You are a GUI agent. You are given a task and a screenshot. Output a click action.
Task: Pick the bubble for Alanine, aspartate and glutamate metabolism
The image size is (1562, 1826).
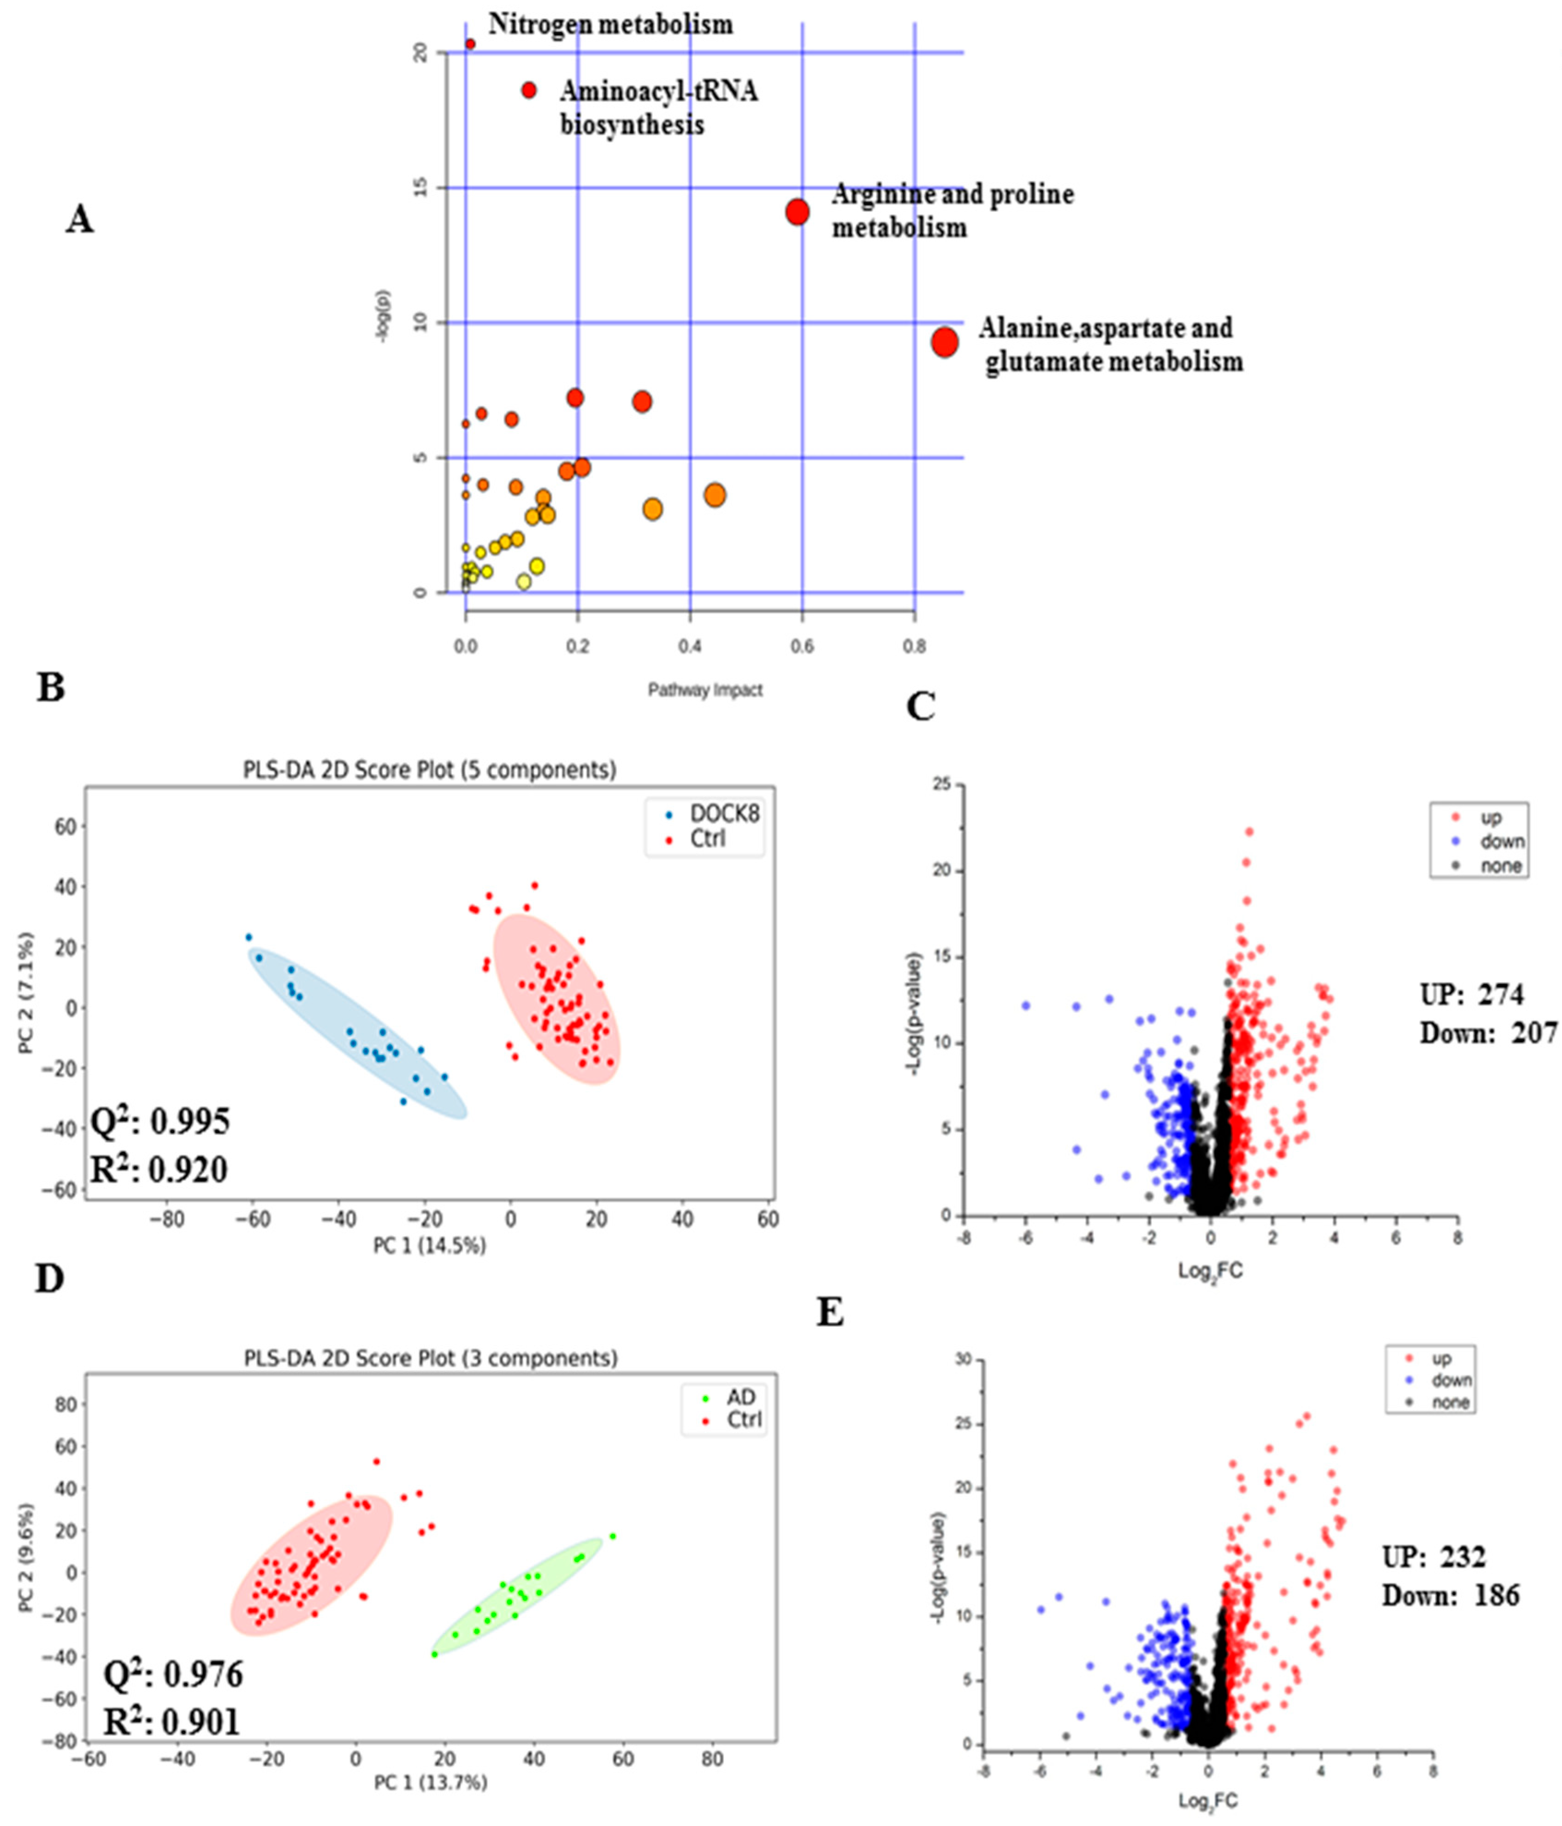point(944,342)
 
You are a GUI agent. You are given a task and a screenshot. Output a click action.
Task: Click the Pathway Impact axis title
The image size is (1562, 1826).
point(705,690)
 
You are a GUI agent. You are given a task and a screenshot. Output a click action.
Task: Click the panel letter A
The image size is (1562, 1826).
point(79,219)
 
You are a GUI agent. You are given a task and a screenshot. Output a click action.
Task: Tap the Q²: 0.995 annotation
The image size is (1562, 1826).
point(160,1121)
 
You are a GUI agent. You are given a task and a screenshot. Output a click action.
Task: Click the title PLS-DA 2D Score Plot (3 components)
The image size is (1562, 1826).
point(430,1358)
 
